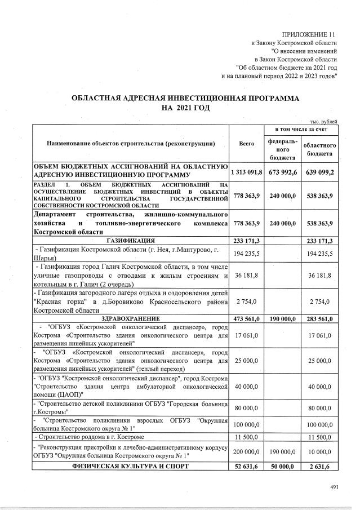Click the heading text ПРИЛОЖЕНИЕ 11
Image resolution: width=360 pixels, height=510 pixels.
(x=310, y=34)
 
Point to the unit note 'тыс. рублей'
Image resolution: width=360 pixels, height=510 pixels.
(x=324, y=122)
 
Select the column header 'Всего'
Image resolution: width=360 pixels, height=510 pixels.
(x=247, y=144)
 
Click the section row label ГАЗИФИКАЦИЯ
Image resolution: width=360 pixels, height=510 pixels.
(x=131, y=241)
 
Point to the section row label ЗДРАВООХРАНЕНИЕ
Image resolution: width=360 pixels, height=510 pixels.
(x=131, y=318)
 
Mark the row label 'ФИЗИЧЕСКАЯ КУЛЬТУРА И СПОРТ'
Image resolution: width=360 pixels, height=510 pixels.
(x=131, y=466)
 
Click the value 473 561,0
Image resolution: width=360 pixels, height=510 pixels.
(x=247, y=318)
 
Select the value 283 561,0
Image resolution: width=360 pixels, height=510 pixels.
(x=319, y=318)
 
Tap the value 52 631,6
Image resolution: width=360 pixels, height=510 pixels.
(x=247, y=466)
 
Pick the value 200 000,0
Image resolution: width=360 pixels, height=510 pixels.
(x=247, y=451)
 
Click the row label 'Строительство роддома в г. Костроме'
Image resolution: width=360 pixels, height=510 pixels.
(x=90, y=437)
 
